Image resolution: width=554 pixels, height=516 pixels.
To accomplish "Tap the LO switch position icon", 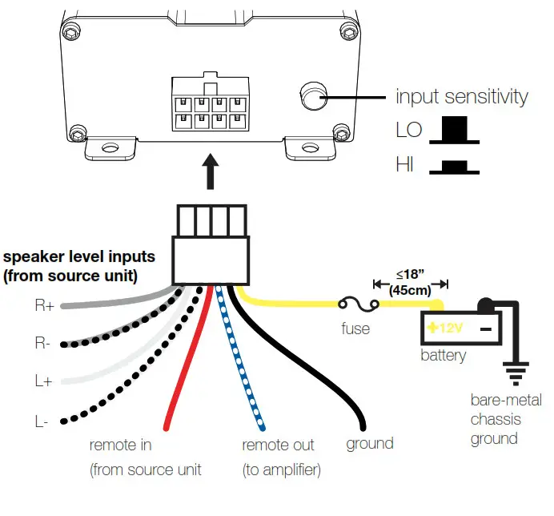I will [x=455, y=131].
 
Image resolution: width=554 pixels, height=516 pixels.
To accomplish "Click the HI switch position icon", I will [x=455, y=167].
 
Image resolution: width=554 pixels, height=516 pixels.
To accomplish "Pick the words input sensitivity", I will [x=462, y=97].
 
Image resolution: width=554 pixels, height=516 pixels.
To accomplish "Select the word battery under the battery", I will [x=443, y=355].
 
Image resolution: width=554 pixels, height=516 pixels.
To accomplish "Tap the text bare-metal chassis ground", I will [x=505, y=419].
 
